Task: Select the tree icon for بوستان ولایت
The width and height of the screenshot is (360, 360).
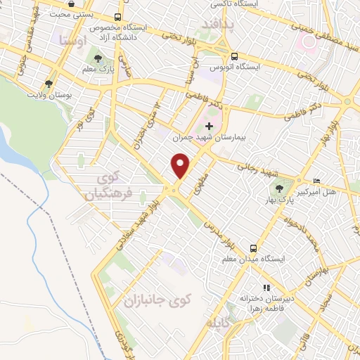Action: tap(49, 83)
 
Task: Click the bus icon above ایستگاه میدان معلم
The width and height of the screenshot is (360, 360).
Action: tap(253, 248)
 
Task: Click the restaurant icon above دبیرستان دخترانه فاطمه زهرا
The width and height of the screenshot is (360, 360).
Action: tap(266, 287)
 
